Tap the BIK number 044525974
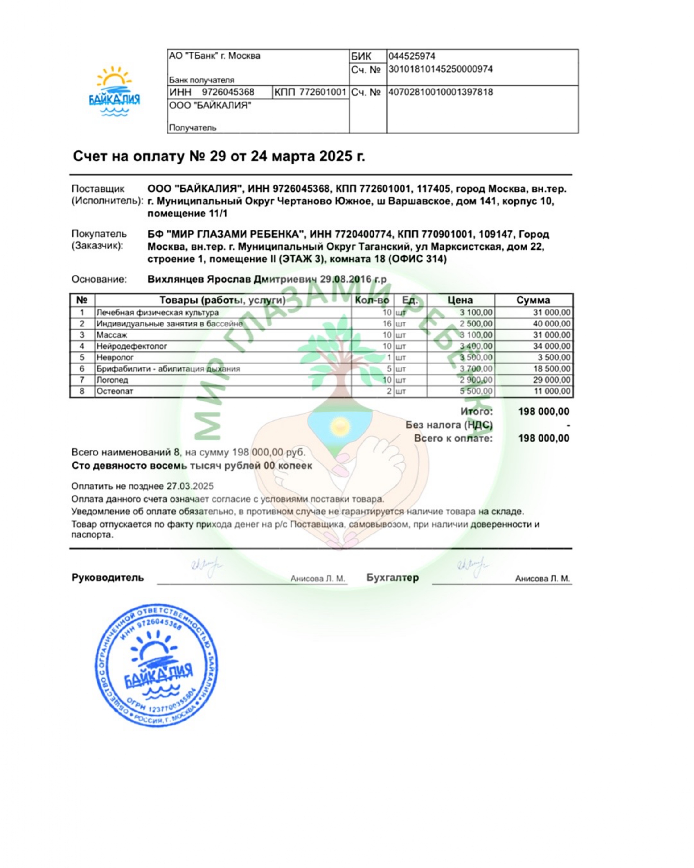[411, 56]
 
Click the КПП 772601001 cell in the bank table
[310, 92]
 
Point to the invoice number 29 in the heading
[218, 156]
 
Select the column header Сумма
[533, 300]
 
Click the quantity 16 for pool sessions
[387, 324]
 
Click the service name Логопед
[112, 380]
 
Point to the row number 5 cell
[82, 358]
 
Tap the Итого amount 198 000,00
[543, 411]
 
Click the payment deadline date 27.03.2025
[190, 486]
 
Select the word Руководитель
[108, 578]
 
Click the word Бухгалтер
[392, 578]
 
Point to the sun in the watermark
[339, 425]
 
